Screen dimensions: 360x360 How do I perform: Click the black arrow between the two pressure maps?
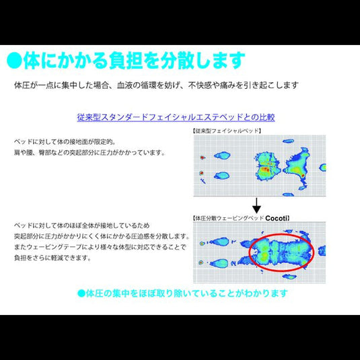click(256, 205)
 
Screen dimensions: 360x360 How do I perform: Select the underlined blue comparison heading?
click(176, 116)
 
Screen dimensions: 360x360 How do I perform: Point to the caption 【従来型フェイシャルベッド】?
click(227, 131)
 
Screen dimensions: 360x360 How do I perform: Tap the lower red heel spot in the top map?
click(201, 173)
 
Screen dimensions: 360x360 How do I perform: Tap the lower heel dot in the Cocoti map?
click(201, 260)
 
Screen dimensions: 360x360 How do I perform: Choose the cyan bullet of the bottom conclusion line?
click(81, 293)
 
